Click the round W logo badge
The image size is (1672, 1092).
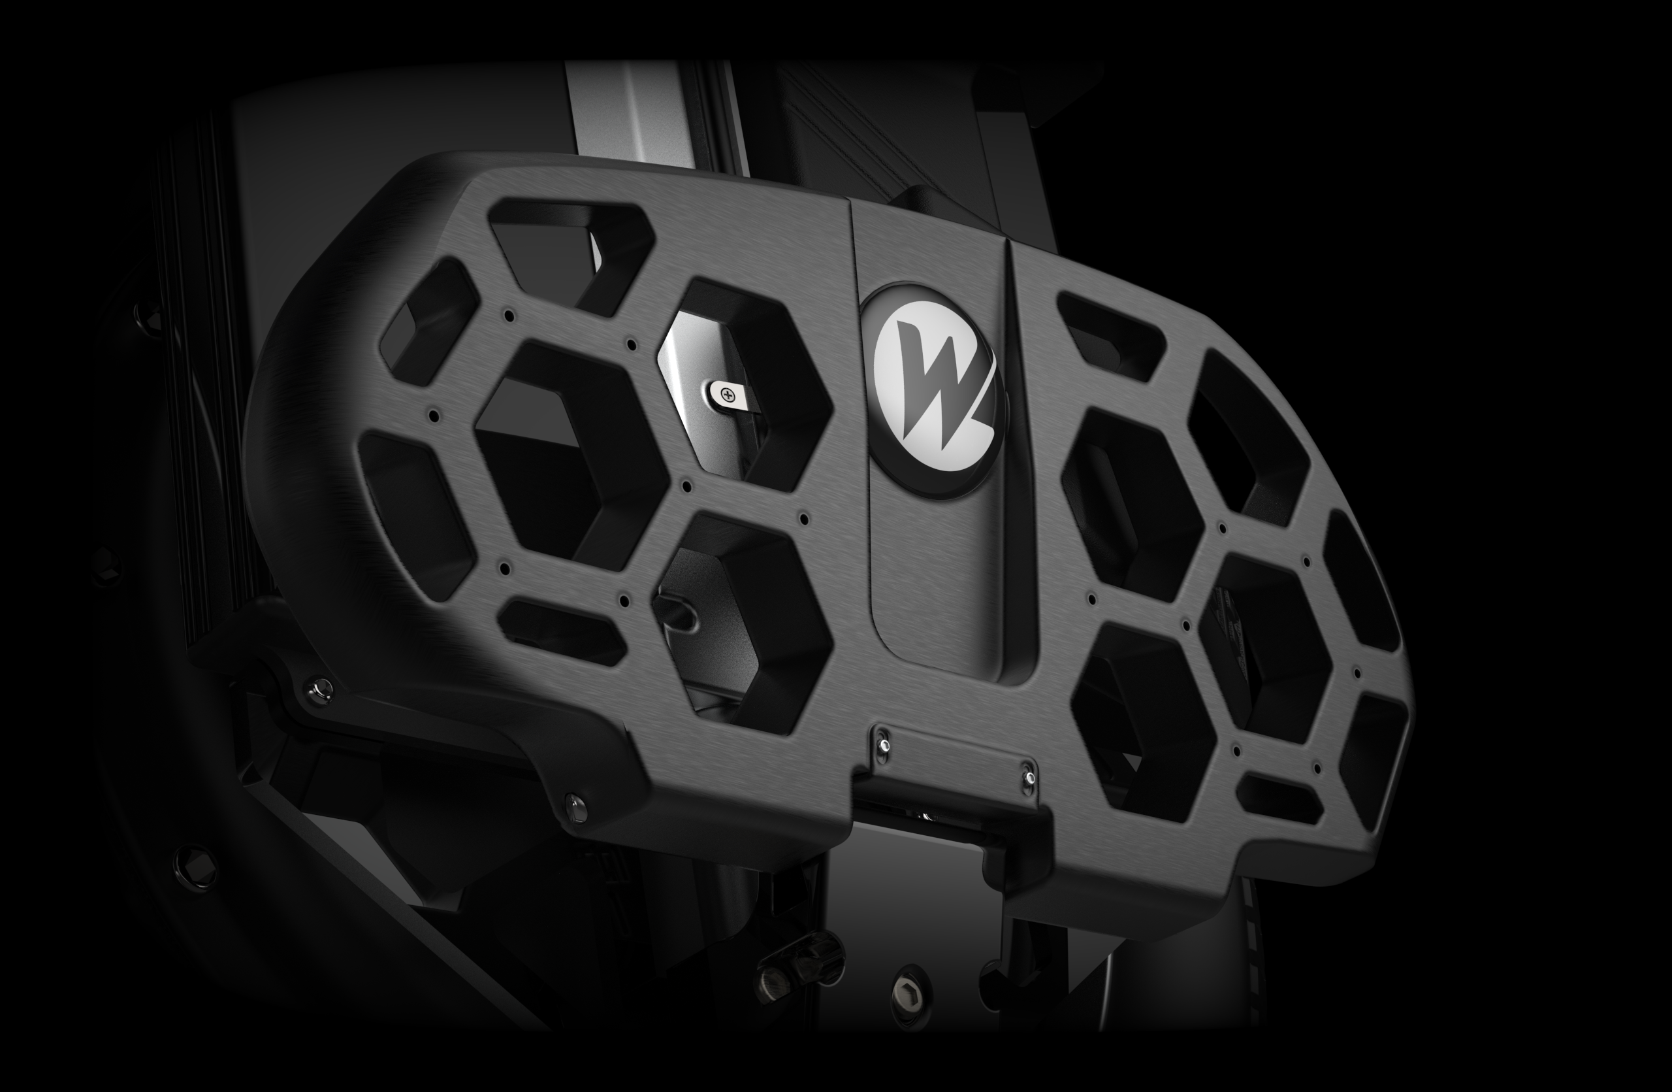click(x=933, y=390)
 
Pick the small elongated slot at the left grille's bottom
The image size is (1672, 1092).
click(x=562, y=632)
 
